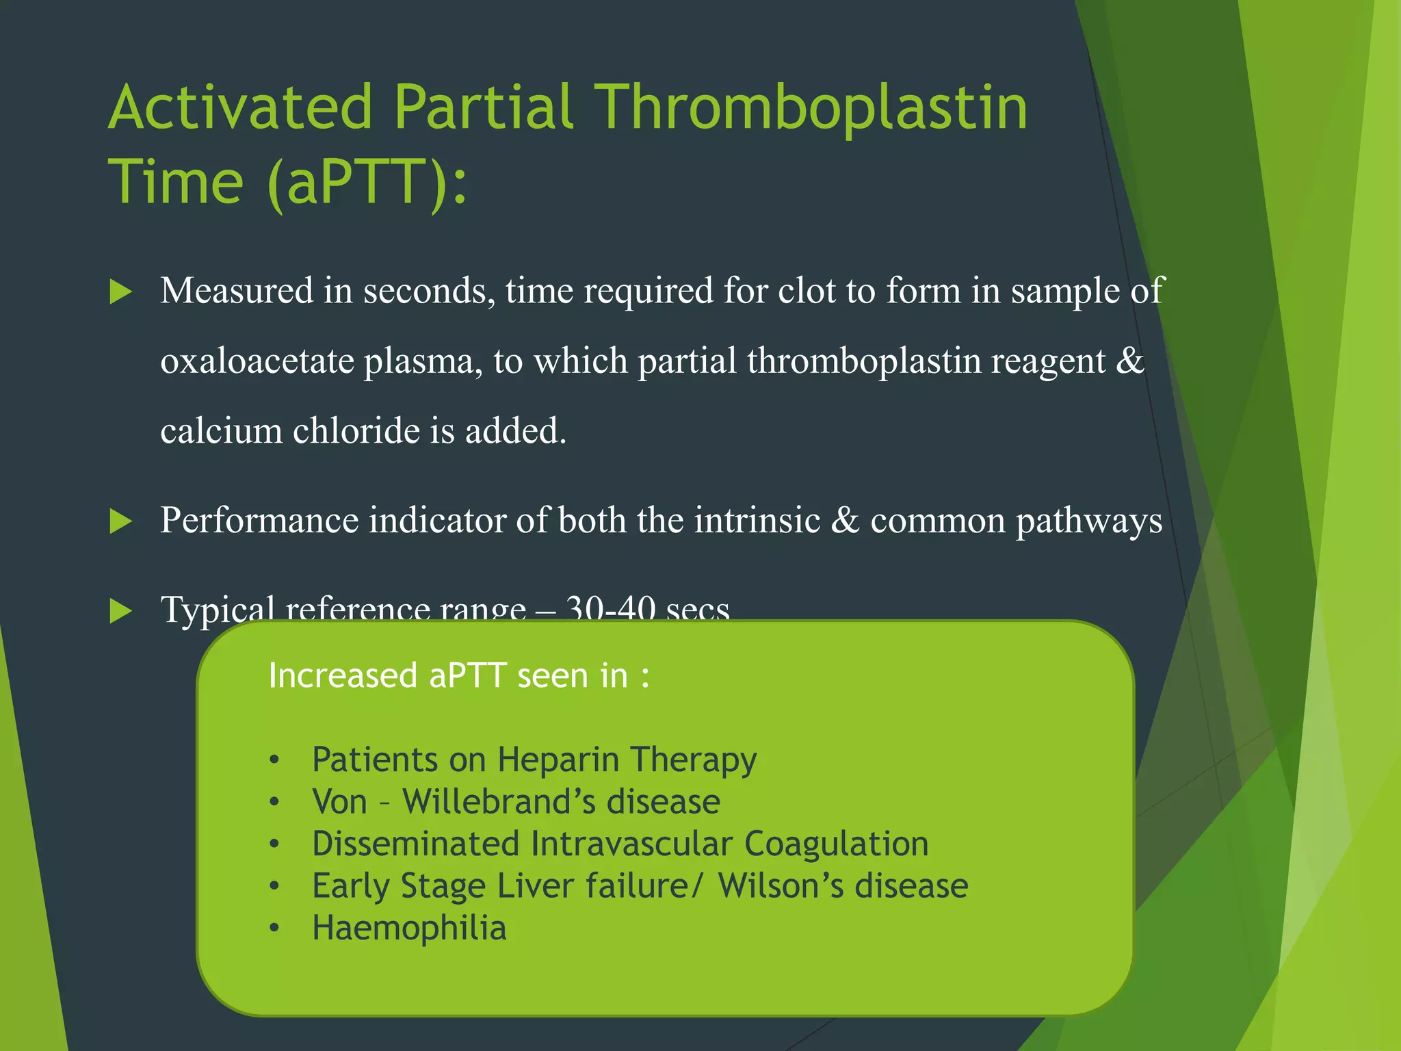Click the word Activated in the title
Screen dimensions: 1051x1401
coord(240,107)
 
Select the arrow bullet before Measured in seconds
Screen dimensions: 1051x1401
coord(120,292)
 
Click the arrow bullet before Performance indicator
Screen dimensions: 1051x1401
coord(120,522)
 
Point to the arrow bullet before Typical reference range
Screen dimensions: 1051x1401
coord(120,610)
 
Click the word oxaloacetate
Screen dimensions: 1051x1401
coord(257,361)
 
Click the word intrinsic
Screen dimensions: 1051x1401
coord(757,521)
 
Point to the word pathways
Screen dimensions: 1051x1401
coord(1088,522)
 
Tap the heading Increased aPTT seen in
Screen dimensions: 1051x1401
coord(458,676)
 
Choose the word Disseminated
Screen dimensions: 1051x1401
coord(415,844)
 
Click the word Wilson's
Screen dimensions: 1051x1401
coord(781,886)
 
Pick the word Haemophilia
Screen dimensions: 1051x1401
coord(409,929)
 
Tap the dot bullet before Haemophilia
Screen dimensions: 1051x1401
coord(274,929)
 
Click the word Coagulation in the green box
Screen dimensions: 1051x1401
coord(836,844)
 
